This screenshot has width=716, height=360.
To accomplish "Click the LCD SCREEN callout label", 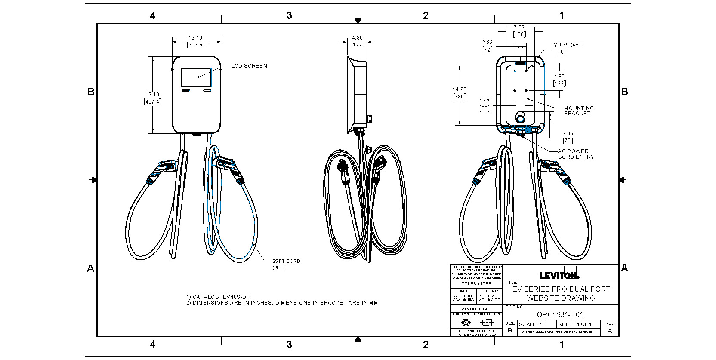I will (x=249, y=66).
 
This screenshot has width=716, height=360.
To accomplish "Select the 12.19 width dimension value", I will (x=195, y=38).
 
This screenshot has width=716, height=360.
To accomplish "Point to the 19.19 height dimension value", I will (x=152, y=95).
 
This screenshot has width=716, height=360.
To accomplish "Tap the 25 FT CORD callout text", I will (x=286, y=261).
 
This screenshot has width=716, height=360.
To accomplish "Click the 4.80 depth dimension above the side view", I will (x=357, y=38).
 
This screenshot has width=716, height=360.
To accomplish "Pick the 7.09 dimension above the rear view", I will (x=519, y=28).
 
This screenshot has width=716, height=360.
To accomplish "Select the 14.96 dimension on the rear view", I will (x=459, y=89).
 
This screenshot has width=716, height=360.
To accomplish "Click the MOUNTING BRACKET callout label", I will (x=578, y=111).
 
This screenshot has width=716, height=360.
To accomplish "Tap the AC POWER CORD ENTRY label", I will (x=575, y=154).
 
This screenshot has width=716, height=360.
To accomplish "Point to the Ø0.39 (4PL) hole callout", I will (x=568, y=45).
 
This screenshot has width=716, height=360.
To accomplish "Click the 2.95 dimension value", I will (x=568, y=134).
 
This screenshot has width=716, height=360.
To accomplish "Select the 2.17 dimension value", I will (x=484, y=102).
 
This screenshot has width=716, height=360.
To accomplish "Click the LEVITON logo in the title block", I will (x=559, y=275).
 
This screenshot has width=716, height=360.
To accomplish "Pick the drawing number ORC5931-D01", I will (x=560, y=314).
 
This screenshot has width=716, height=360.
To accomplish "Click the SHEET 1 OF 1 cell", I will (x=574, y=324).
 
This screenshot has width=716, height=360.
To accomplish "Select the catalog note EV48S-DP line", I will (x=218, y=297).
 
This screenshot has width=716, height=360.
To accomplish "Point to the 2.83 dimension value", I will (x=487, y=43).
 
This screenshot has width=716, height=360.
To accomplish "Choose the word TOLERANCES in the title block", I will (x=476, y=283).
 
